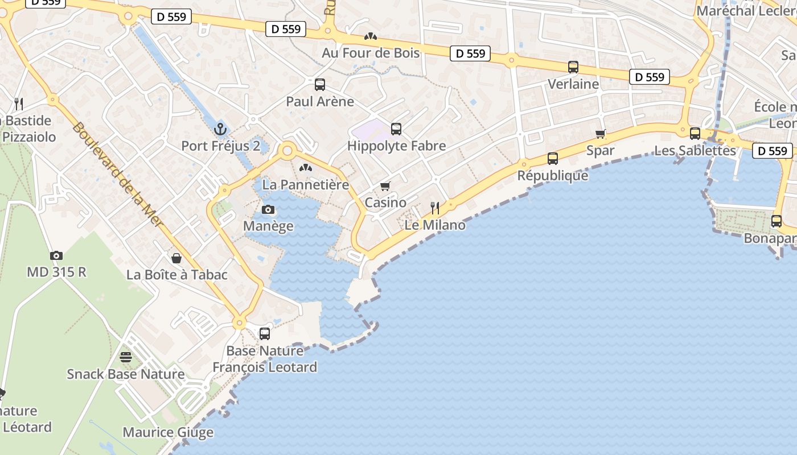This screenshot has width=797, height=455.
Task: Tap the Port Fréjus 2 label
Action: pos(220,146)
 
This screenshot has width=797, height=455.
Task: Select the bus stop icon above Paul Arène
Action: pos(320,85)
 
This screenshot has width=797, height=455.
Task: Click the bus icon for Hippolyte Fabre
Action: pos(396,129)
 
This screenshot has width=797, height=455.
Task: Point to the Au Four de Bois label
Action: pos(371,53)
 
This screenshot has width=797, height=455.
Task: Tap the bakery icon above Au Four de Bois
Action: pos(371,36)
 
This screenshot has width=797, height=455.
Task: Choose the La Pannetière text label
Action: pos(305,185)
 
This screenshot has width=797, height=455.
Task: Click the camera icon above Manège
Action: pos(268,210)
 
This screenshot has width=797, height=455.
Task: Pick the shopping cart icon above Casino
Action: pos(385,186)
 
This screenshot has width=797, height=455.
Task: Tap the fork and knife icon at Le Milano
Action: pos(435,208)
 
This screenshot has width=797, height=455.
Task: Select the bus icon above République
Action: pos(553,159)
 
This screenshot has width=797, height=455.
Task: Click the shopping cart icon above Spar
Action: pos(601,134)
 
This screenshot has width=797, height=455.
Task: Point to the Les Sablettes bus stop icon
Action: pos(695,134)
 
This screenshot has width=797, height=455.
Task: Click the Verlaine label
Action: pos(573,84)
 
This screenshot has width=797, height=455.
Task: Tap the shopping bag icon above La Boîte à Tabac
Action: pos(176,258)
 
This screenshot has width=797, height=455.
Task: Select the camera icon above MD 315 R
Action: pos(56,255)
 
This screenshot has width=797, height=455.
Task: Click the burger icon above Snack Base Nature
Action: pos(126,357)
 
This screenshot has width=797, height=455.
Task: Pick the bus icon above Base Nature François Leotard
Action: pos(265,334)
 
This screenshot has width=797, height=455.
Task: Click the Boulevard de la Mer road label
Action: pos(118,175)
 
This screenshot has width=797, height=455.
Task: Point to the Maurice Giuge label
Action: pos(168,432)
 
